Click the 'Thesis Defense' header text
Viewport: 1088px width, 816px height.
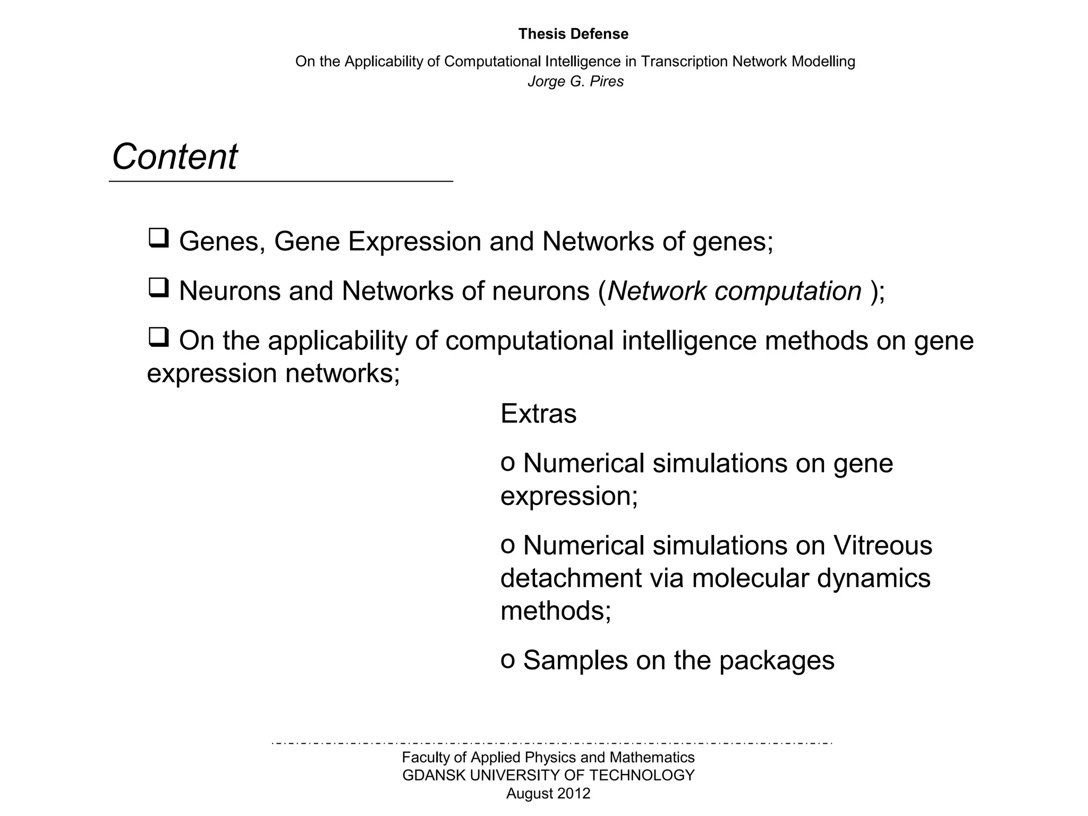point(573,34)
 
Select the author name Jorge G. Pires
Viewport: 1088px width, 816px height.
point(575,81)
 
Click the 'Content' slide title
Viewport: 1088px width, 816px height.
point(174,157)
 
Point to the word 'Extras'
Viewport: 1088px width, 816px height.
point(538,413)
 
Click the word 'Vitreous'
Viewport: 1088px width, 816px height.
point(882,545)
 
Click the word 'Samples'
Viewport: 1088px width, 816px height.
point(575,660)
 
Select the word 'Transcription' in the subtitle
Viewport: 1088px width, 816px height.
point(684,62)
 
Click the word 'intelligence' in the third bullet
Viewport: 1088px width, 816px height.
point(688,341)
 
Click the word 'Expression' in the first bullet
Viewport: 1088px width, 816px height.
point(414,242)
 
